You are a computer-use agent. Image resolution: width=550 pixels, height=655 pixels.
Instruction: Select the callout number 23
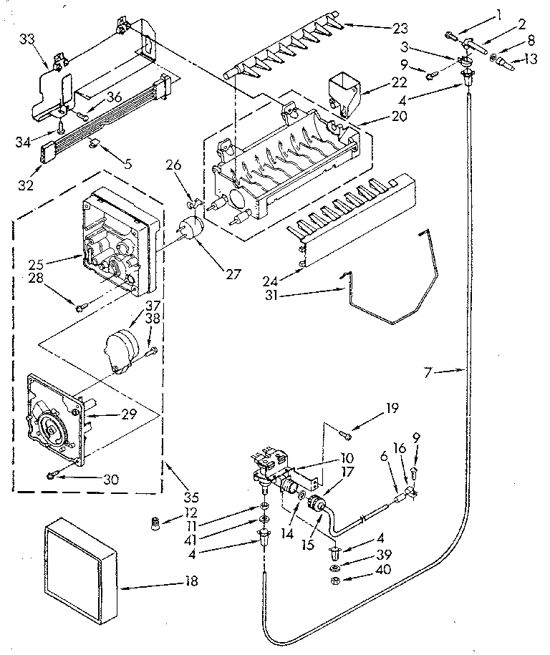click(x=400, y=28)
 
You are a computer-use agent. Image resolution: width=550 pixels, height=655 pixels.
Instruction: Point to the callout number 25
click(x=37, y=264)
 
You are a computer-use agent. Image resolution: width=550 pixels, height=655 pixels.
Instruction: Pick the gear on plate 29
click(x=54, y=427)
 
